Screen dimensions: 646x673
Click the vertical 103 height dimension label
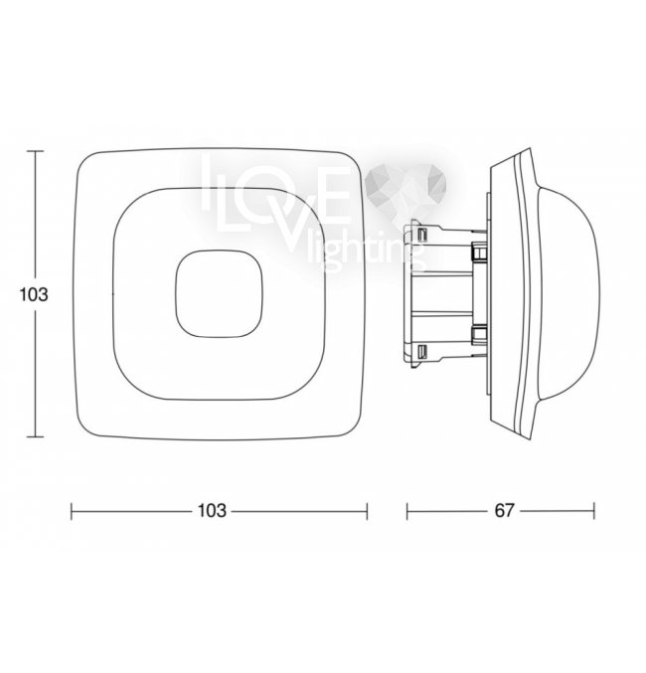coord(34,294)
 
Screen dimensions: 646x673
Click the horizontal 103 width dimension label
coord(211,511)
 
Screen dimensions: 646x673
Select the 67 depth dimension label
coord(504,511)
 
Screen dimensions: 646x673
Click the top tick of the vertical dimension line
coord(35,151)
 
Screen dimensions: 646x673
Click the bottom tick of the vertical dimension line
coord(35,437)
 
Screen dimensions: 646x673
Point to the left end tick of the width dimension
coord(72,511)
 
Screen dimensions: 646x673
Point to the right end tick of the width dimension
coord(367,511)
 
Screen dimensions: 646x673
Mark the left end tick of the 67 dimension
coord(406,511)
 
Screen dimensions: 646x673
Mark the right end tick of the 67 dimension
coord(594,511)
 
